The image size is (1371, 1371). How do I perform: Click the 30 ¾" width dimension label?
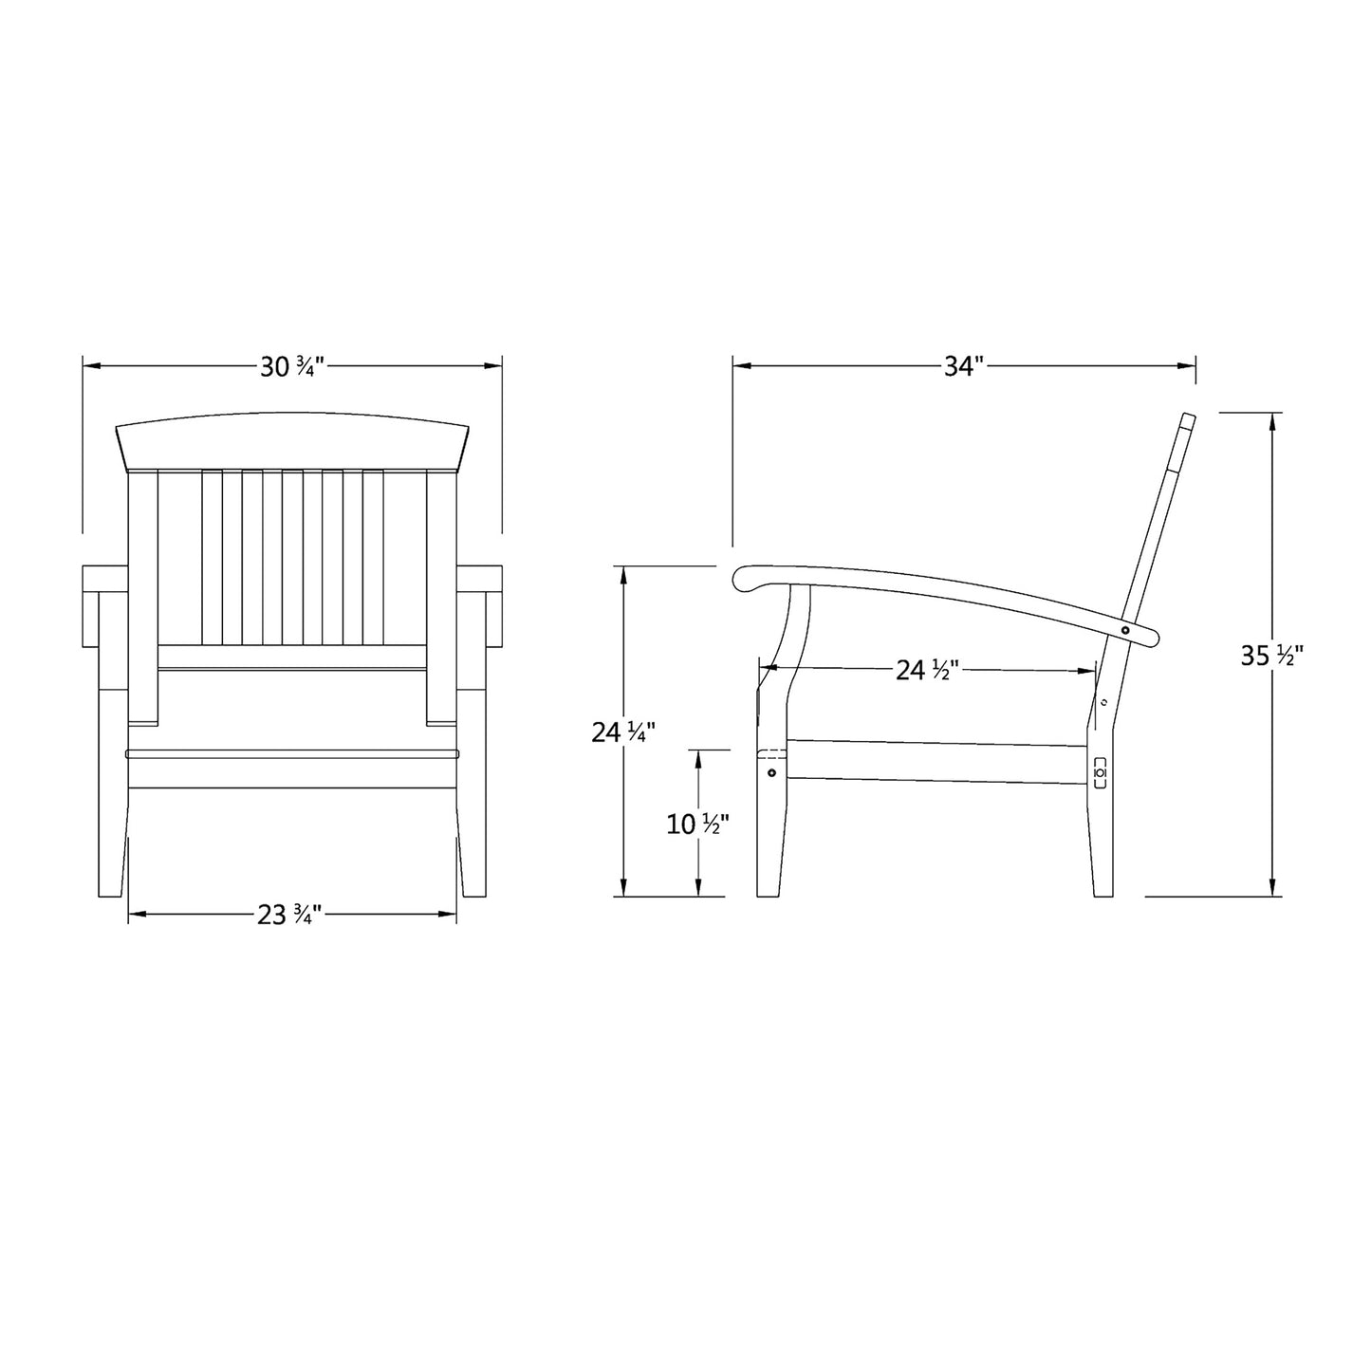tap(292, 366)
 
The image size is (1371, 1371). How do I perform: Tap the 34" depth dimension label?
tap(964, 366)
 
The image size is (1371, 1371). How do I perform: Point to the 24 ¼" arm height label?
tap(623, 732)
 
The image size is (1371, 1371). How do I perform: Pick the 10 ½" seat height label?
tap(698, 824)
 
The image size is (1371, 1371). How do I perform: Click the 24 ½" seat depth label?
tap(929, 670)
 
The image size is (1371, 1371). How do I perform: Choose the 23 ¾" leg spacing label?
tap(292, 915)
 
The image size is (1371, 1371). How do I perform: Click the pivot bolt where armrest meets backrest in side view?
tap(1125, 630)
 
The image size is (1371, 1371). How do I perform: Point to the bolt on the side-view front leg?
tap(770, 773)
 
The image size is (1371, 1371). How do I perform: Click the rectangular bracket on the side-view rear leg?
tap(1100, 772)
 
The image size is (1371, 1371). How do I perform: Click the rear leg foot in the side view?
tap(1102, 890)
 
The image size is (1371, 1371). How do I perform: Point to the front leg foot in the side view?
tap(769, 890)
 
